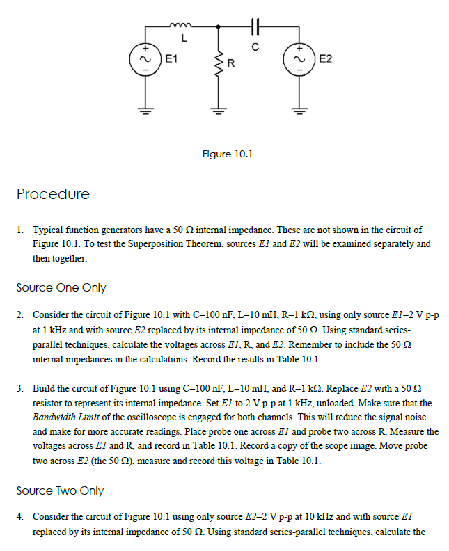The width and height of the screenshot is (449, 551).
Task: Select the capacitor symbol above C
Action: tap(255, 26)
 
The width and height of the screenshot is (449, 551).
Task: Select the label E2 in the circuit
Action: tap(325, 59)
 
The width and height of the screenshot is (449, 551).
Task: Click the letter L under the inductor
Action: tap(184, 38)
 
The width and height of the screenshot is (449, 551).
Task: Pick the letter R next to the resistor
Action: tap(231, 66)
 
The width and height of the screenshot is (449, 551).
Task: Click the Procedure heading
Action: tap(53, 194)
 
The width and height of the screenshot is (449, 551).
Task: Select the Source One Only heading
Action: tap(61, 287)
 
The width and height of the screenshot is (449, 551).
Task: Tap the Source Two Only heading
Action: tap(60, 490)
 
